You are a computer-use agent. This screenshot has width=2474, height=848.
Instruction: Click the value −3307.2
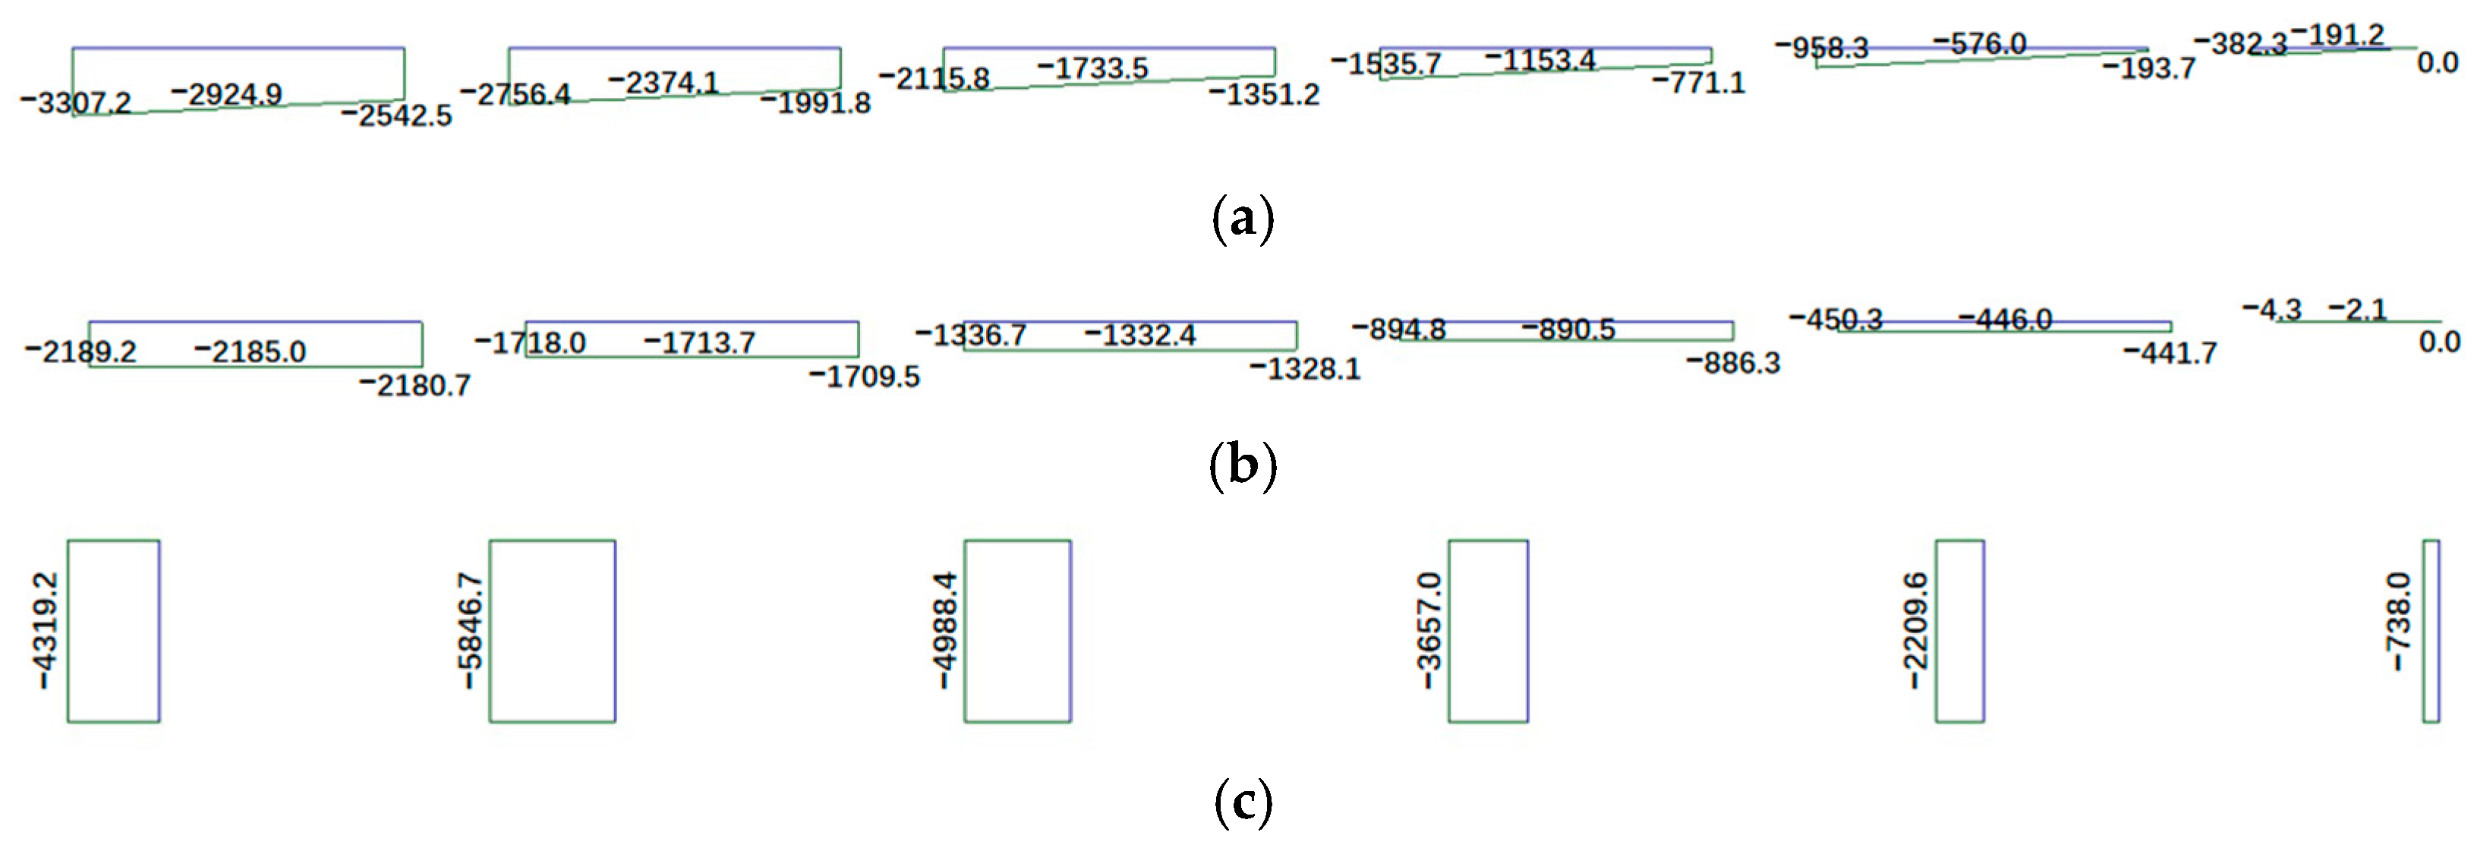tap(76, 102)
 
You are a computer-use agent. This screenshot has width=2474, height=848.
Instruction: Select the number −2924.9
tap(227, 94)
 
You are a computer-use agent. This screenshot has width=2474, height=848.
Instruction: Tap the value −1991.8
tap(815, 102)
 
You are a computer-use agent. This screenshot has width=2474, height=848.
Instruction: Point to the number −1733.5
tap(1093, 68)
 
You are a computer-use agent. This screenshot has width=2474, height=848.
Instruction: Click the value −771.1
tap(1698, 83)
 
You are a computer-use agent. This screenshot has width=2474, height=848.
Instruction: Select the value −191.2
tap(2337, 36)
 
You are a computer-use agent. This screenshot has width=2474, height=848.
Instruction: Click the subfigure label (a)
tap(1243, 218)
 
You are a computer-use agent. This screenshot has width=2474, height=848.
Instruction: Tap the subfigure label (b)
tap(1243, 465)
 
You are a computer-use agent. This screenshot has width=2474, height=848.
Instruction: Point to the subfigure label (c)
tap(1243, 802)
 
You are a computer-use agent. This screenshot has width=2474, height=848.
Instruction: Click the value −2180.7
tap(415, 385)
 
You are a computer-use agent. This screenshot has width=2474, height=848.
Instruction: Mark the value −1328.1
tap(1305, 369)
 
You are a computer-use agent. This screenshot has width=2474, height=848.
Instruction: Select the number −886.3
tap(1734, 363)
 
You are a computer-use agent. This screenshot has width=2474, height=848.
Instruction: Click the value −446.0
tap(2006, 319)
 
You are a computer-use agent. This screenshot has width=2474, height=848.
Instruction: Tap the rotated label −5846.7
tap(470, 630)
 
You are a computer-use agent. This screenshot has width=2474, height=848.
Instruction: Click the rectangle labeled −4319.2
tap(113, 630)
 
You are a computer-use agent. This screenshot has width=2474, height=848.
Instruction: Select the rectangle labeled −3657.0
tap(1488, 630)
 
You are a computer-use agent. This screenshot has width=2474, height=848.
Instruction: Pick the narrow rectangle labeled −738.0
tap(2431, 630)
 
